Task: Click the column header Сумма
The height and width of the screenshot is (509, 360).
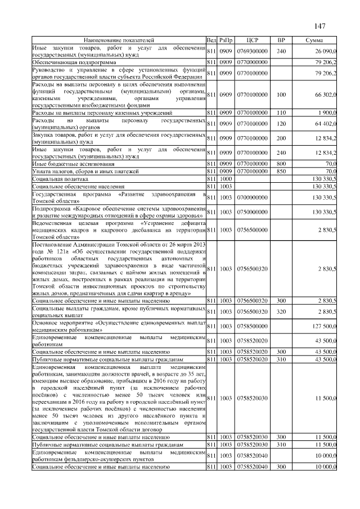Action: (x=314, y=40)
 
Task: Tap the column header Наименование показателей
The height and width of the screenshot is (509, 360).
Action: (x=119, y=40)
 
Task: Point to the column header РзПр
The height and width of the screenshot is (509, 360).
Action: (x=226, y=40)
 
